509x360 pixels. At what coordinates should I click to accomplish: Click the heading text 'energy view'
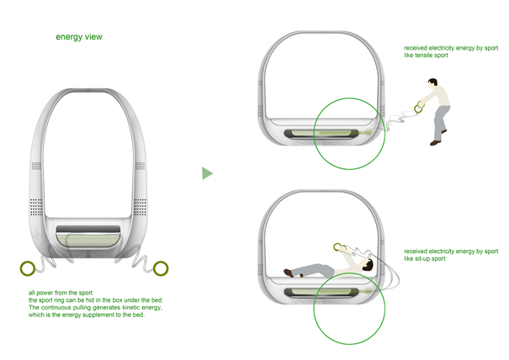click(79, 37)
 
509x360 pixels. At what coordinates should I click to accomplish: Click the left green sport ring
click(29, 268)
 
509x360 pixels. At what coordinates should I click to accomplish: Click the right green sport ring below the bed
click(161, 268)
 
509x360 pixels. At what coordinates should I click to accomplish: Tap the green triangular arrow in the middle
click(207, 173)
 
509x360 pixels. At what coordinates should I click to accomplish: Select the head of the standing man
click(432, 83)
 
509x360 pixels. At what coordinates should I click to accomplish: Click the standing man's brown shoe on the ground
click(435, 143)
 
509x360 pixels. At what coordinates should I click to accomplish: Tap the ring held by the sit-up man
click(338, 247)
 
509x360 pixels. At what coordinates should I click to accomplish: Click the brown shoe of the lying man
click(288, 272)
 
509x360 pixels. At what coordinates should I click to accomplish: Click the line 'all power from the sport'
click(61, 293)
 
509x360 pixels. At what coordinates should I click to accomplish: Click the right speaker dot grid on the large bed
click(141, 205)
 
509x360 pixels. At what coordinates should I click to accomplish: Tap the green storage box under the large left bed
click(89, 240)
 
